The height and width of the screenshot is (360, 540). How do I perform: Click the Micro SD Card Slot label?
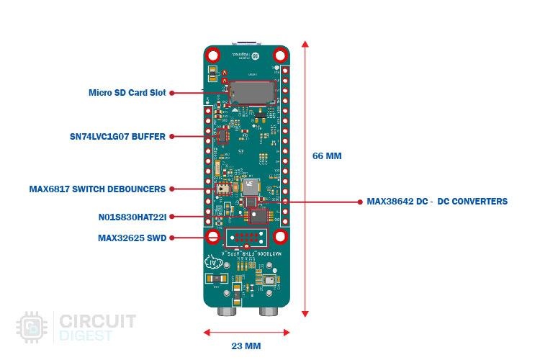click(127, 93)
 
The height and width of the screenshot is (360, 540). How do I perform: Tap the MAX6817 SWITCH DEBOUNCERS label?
click(97, 189)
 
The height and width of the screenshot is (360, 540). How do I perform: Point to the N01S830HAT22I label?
click(132, 216)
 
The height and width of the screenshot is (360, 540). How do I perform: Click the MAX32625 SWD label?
click(132, 238)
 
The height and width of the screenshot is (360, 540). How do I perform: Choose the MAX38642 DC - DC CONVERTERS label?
click(436, 202)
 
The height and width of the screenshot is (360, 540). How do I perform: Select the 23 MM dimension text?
click(246, 346)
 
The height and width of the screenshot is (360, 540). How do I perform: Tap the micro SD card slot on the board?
click(251, 91)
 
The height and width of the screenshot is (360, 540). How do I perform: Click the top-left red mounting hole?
click(213, 55)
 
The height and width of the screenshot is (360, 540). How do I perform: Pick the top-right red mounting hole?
click(279, 55)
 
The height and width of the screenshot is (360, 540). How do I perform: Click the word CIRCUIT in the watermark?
click(97, 321)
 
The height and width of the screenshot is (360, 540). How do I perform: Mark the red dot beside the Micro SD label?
click(173, 93)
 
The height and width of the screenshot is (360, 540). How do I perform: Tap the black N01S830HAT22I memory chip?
click(256, 215)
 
